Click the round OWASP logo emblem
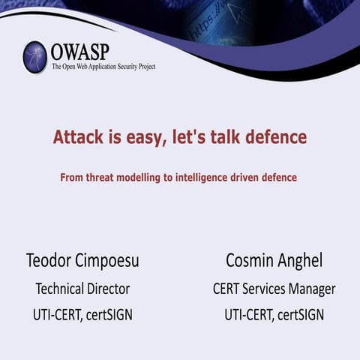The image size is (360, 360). click(34, 57)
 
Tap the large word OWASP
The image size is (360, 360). click(81, 52)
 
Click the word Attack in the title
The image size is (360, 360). click(78, 138)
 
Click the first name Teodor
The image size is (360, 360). click(49, 261)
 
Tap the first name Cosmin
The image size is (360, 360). click(251, 261)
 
